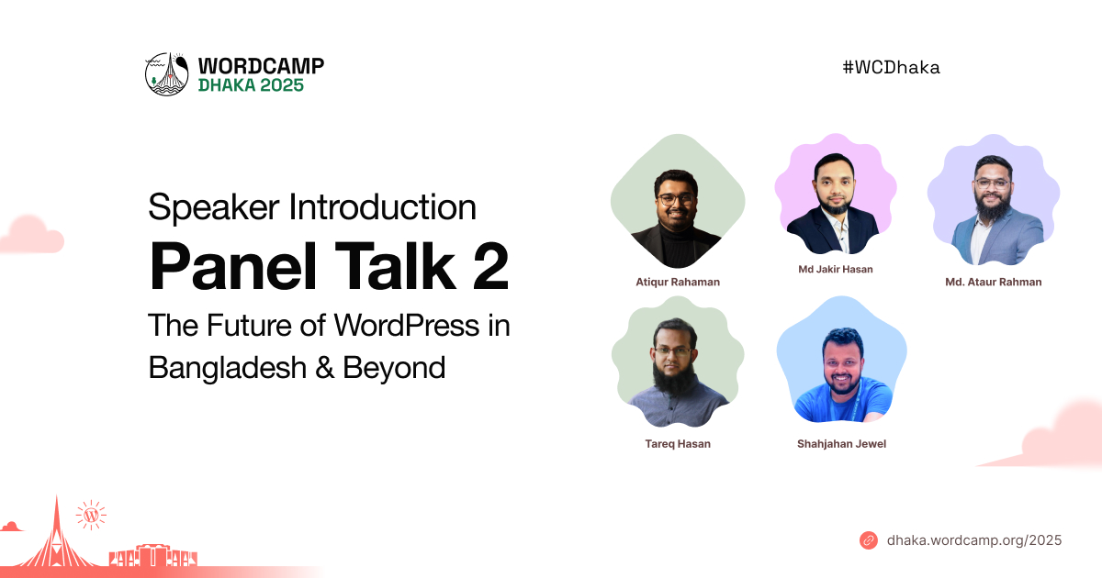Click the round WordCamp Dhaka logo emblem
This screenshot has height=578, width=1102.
click(167, 74)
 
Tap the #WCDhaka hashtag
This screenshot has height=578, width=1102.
click(891, 67)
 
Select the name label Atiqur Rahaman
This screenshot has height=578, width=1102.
click(678, 283)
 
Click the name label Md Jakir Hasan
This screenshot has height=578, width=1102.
click(836, 270)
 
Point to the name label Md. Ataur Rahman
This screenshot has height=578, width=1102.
click(994, 283)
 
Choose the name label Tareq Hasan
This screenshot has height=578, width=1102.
click(678, 444)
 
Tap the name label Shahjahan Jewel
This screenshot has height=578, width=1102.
click(841, 444)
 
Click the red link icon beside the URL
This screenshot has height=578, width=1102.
click(869, 540)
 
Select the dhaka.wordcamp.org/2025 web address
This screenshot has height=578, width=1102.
click(974, 540)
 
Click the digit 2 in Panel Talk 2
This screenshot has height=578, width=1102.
click(490, 267)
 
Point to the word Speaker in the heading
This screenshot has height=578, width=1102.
click(213, 208)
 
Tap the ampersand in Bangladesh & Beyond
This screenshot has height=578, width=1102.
click(325, 368)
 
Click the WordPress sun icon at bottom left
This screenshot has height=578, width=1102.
click(91, 515)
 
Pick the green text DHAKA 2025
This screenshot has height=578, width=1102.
click(251, 85)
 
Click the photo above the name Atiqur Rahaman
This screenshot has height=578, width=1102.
click(678, 202)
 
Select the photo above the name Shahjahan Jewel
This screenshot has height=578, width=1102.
click(842, 360)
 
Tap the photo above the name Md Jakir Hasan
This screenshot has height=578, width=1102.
click(836, 194)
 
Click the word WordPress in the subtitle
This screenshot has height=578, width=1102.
click(406, 326)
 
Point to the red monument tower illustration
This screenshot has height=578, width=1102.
click(56, 535)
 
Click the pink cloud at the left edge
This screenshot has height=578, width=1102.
click(30, 235)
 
